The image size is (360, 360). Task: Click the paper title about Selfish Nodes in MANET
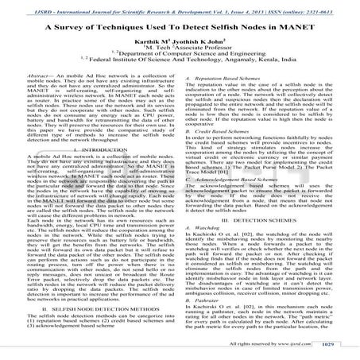tap(180, 29)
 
